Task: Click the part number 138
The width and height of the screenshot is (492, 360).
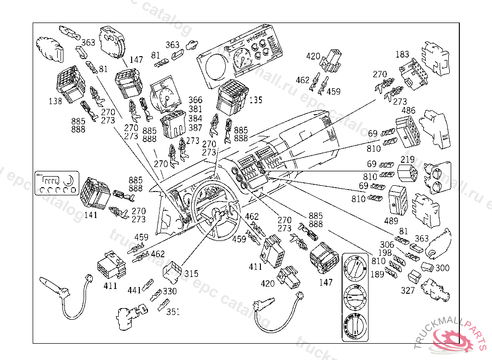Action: pyautogui.click(x=55, y=101)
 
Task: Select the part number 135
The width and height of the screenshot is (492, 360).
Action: pyautogui.click(x=256, y=100)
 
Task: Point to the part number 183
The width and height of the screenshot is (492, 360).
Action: pyautogui.click(x=403, y=55)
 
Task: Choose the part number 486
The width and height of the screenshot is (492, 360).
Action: pyautogui.click(x=408, y=111)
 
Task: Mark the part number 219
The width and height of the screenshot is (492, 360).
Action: pyautogui.click(x=407, y=159)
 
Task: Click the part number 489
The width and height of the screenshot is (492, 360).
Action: pyautogui.click(x=391, y=221)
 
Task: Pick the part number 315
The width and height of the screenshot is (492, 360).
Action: pyautogui.click(x=191, y=274)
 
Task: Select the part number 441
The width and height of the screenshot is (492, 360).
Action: pyautogui.click(x=135, y=290)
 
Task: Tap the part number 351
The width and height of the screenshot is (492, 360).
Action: pyautogui.click(x=173, y=312)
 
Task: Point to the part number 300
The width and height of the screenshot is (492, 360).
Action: pyautogui.click(x=443, y=268)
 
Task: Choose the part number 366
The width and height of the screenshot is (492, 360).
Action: pyautogui.click(x=195, y=100)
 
